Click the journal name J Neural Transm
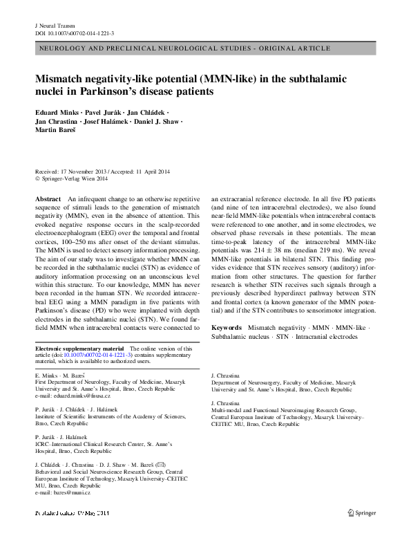(57, 24)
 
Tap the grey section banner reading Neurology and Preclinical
(205, 50)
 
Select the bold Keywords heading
(227, 326)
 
